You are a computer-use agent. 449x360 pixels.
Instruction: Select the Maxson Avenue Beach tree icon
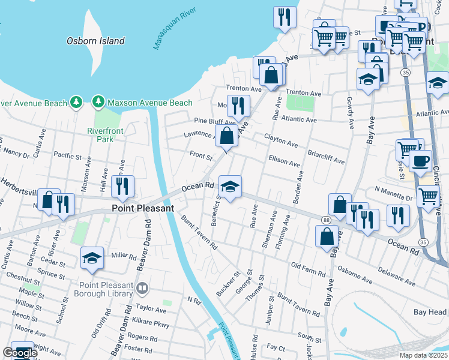tap(98, 103)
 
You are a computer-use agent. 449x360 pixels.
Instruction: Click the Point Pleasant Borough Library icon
tap(142, 289)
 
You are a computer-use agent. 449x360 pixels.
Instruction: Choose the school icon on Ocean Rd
tap(230, 187)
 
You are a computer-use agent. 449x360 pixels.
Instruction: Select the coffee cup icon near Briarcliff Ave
tap(420, 160)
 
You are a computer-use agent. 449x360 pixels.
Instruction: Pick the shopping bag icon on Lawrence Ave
tap(227, 136)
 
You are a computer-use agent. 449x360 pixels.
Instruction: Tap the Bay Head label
tap(430, 312)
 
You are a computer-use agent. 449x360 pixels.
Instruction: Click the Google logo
tap(20, 353)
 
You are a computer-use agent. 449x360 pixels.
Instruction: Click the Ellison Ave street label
tap(284, 162)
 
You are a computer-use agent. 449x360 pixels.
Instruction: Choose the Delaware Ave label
tap(396, 277)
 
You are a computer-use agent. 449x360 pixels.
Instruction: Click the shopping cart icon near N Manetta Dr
tap(428, 196)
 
